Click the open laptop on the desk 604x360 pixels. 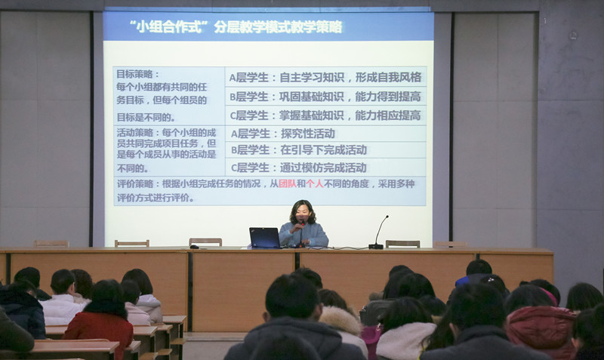click(x=265, y=238)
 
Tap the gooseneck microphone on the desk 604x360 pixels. click(x=378, y=233)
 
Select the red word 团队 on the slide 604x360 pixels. click(x=288, y=184)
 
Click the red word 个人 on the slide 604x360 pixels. click(x=315, y=184)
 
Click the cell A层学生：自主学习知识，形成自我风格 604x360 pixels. click(x=325, y=78)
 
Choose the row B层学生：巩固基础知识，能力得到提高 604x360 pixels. click(x=325, y=97)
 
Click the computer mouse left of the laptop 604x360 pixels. click(x=195, y=247)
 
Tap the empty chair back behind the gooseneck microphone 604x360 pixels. click(x=402, y=244)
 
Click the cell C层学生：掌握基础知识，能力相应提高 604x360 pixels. click(x=325, y=115)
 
